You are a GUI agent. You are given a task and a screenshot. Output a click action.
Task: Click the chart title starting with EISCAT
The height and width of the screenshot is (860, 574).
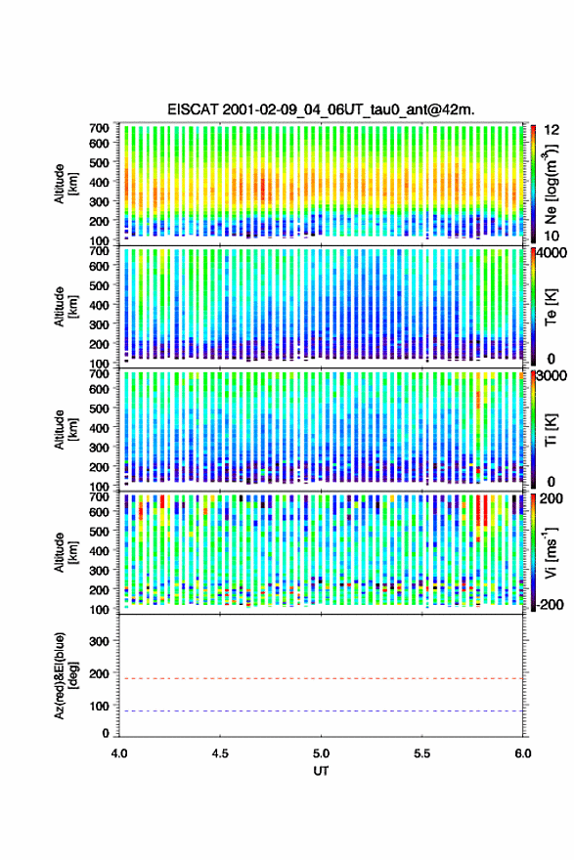(321, 109)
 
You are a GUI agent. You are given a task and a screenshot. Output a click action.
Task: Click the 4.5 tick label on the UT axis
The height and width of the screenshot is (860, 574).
(220, 753)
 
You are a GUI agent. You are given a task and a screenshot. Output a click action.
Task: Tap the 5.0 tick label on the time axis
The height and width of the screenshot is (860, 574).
(321, 753)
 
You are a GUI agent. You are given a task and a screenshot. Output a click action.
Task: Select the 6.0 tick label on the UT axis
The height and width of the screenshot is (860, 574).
(523, 753)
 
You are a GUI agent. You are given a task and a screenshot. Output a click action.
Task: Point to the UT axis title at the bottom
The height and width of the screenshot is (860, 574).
(321, 771)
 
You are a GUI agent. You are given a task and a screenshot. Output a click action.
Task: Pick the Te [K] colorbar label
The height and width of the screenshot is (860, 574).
(551, 307)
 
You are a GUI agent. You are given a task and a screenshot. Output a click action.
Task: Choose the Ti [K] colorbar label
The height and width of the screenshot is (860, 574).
(551, 430)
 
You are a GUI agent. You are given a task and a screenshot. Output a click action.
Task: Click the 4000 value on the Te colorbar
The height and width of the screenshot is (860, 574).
(552, 253)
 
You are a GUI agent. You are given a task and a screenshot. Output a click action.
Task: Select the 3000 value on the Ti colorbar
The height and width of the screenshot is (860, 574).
(552, 376)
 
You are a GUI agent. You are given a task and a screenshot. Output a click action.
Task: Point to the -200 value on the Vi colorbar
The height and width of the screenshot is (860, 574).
(549, 604)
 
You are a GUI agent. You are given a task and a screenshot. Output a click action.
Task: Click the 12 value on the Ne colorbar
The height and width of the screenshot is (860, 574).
(552, 130)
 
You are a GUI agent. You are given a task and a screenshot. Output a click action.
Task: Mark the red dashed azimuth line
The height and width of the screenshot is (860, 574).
(321, 678)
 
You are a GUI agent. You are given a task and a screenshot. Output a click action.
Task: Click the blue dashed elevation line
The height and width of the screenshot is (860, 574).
(321, 710)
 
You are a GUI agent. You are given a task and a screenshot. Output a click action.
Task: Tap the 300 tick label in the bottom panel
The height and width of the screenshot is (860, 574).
(99, 641)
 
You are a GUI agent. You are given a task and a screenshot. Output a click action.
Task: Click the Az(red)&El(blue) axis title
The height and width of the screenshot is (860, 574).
(66, 675)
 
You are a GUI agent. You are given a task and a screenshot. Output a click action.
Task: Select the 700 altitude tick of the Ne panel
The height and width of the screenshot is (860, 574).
(99, 128)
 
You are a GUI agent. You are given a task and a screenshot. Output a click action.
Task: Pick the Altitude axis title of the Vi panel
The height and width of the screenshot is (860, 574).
(66, 552)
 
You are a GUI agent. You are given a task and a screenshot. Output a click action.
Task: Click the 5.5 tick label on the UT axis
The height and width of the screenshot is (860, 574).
(422, 753)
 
